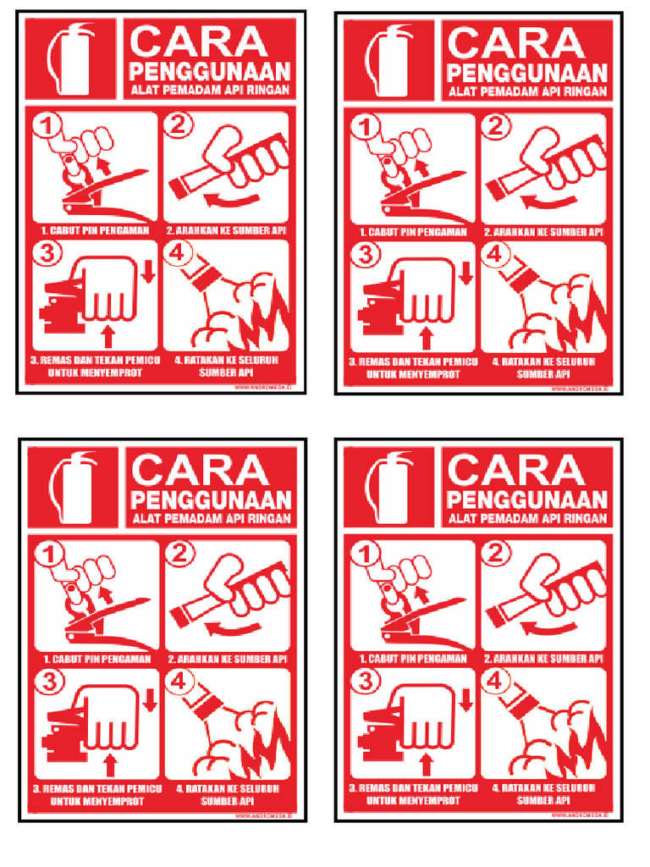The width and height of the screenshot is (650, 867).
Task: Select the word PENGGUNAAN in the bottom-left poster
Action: (211, 499)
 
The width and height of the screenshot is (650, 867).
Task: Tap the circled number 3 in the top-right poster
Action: (366, 254)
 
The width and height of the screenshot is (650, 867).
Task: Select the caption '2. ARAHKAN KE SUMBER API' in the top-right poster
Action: (543, 231)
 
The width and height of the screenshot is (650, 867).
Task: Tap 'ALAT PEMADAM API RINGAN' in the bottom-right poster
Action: (526, 518)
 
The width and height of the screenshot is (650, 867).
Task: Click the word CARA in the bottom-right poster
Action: (516, 470)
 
